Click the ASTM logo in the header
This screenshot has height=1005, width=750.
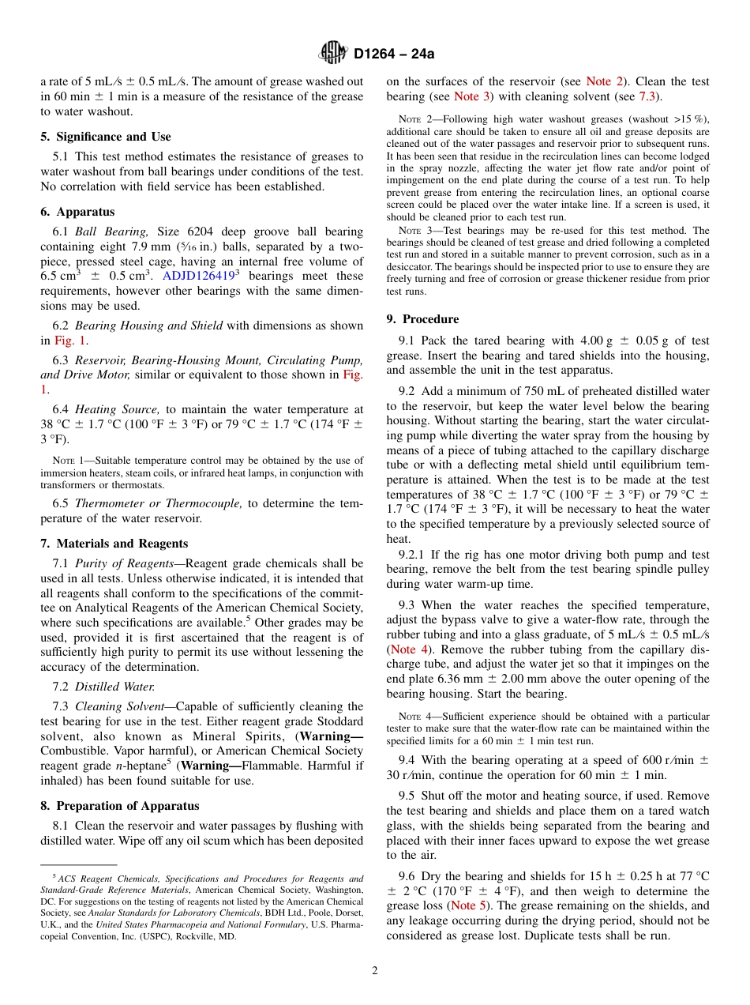click(x=332, y=53)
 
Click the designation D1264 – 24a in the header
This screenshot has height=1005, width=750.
click(x=394, y=54)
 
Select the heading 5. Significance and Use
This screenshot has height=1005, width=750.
click(x=105, y=137)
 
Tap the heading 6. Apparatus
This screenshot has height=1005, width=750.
click(x=77, y=212)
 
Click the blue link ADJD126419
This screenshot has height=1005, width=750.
click(x=197, y=277)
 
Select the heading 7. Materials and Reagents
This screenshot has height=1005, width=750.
click(x=114, y=544)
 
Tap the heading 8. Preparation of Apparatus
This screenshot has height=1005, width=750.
click(x=119, y=806)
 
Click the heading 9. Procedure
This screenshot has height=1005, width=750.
click(x=422, y=319)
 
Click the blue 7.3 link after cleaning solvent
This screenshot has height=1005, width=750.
click(x=647, y=96)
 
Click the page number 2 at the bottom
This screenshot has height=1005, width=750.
click(x=375, y=971)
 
